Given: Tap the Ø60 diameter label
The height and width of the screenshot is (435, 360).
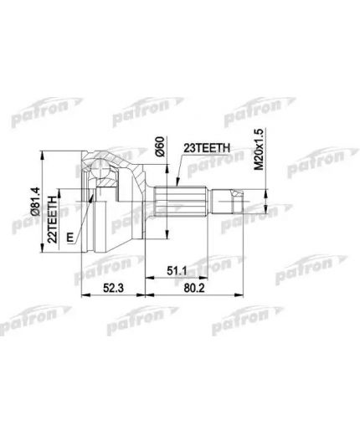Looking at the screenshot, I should [x=158, y=151].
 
